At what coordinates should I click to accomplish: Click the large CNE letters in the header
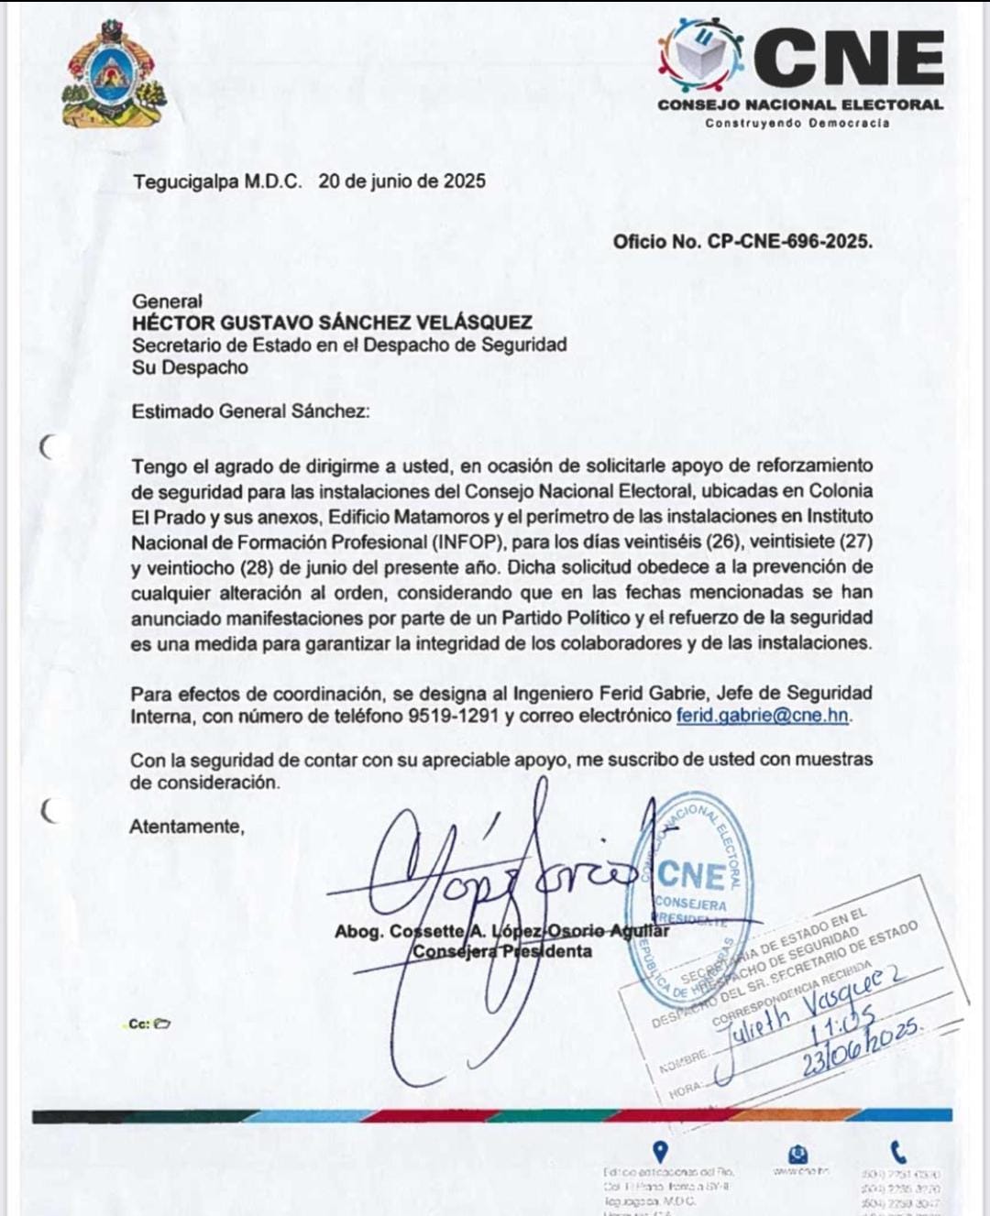[x=849, y=57]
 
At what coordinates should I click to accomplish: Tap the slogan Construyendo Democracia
[x=797, y=123]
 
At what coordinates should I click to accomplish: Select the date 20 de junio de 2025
[x=401, y=181]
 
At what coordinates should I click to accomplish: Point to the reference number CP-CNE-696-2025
[x=788, y=242]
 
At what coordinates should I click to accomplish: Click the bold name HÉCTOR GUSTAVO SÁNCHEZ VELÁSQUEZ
[x=332, y=323]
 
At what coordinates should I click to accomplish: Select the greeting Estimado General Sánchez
[x=250, y=411]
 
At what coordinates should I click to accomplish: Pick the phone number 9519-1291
[x=455, y=716]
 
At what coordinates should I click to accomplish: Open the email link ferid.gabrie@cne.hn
[x=763, y=716]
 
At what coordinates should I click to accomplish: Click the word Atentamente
[x=187, y=827]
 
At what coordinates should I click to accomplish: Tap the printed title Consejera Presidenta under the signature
[x=502, y=951]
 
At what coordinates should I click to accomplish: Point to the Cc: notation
[x=138, y=1024]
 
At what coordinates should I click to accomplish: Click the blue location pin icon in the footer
[x=659, y=1152]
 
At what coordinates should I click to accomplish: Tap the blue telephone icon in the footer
[x=898, y=1152]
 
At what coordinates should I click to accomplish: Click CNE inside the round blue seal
[x=691, y=875]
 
